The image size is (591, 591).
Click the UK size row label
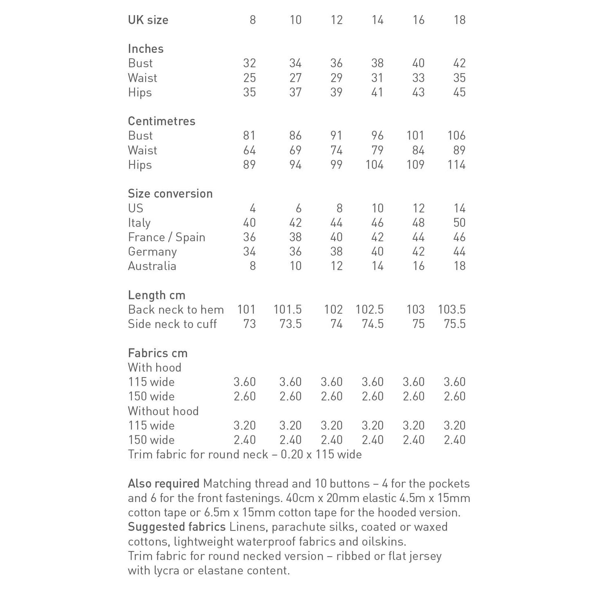click(148, 20)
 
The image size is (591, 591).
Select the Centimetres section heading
click(162, 121)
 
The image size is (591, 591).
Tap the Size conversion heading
click(170, 193)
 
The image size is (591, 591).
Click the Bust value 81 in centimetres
click(249, 136)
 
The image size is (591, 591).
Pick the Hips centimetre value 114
click(456, 165)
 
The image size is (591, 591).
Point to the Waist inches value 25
click(249, 78)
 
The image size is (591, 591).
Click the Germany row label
click(152, 252)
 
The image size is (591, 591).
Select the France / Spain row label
click(166, 237)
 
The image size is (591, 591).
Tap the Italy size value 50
click(459, 222)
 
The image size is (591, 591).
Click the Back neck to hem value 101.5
click(288, 310)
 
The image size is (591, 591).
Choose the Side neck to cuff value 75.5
click(454, 324)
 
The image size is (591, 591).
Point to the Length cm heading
click(157, 295)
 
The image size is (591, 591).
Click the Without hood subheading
click(163, 411)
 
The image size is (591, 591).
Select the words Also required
click(164, 484)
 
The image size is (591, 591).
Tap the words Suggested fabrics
click(177, 527)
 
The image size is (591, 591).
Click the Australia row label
click(152, 266)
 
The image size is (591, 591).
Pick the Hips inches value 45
click(459, 92)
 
